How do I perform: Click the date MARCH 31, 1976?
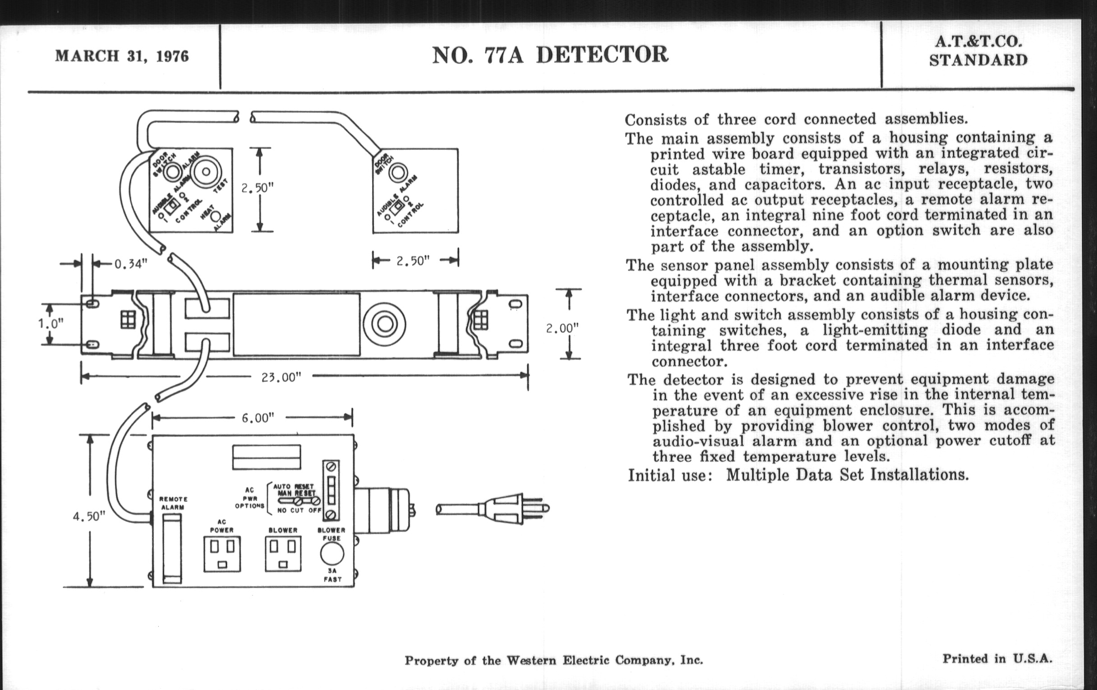(122, 56)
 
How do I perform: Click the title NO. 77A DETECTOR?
(550, 55)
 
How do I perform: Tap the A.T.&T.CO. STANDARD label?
(978, 51)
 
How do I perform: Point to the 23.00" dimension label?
(281, 377)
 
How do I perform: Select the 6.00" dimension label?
(258, 418)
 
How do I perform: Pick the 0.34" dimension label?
(131, 264)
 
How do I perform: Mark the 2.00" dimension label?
(562, 328)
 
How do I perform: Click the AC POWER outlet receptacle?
(222, 553)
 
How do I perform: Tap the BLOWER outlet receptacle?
(283, 553)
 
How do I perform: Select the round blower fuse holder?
(332, 554)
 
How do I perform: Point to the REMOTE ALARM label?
(173, 503)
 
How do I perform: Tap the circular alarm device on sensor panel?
(384, 324)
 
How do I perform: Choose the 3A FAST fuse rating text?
(332, 575)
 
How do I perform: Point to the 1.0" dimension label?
(50, 324)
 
